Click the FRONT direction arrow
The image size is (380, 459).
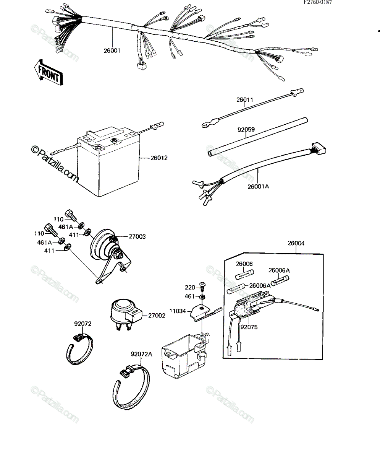[48, 73]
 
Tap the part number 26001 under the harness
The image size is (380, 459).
[112, 50]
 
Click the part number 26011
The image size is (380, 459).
[245, 99]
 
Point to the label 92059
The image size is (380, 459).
[246, 130]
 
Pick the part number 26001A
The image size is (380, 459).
[258, 186]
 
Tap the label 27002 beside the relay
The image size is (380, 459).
[157, 316]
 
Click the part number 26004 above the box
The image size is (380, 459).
[296, 243]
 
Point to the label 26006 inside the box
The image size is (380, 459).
[244, 264]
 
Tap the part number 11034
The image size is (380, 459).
[178, 311]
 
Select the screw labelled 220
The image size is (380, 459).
[202, 286]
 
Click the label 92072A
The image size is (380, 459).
[142, 354]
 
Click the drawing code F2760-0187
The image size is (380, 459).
[318, 2]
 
